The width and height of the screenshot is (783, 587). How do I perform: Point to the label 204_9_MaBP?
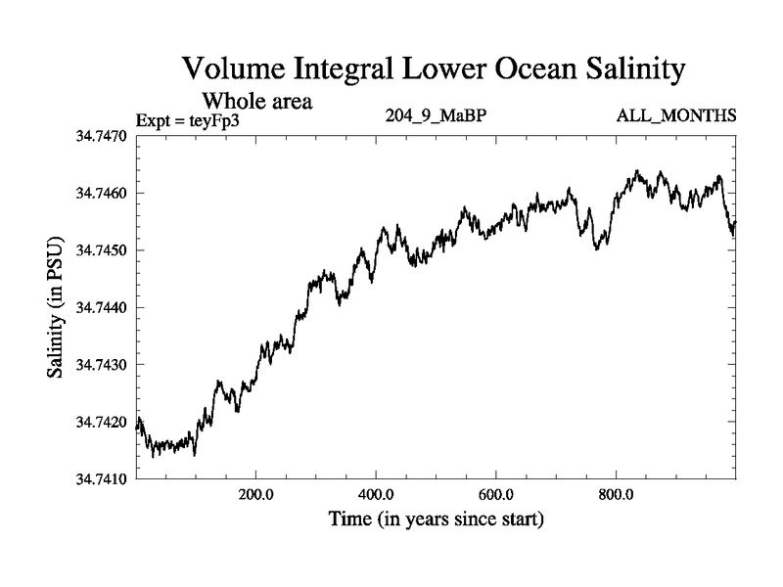pos(438,116)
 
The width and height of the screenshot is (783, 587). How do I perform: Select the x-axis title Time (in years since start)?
pos(437,519)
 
